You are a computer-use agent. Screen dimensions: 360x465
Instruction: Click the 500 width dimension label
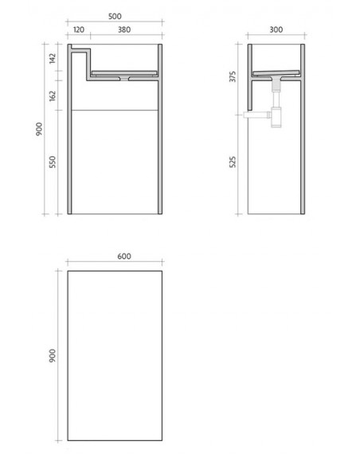115,16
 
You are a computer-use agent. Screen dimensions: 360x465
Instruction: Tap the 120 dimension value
79,29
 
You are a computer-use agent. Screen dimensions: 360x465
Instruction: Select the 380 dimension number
124,29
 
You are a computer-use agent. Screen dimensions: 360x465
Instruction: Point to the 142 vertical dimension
53,58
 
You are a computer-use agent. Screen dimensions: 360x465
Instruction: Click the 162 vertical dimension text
53,96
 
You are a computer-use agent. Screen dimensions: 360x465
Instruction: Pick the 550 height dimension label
53,162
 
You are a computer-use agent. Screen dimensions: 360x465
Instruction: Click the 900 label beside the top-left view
39,129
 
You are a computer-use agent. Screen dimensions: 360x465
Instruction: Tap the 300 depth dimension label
276,29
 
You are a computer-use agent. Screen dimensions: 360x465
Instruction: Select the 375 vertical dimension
233,76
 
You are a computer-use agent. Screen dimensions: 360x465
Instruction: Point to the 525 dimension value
233,162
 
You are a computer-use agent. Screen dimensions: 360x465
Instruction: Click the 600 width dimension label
124,256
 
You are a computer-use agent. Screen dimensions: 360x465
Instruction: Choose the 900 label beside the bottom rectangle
53,356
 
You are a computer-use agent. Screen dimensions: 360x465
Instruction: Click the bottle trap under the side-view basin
276,117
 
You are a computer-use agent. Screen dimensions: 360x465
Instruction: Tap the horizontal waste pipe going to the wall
256,115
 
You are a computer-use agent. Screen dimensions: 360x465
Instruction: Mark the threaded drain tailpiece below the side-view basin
276,86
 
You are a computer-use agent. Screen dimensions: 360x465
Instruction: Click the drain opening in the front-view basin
124,79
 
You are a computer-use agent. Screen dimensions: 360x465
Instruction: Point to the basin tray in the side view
276,73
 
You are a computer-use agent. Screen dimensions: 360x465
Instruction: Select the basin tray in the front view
124,73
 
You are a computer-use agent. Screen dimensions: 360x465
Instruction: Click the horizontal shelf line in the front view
115,111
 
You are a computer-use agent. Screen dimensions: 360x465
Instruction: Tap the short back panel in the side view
250,77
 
